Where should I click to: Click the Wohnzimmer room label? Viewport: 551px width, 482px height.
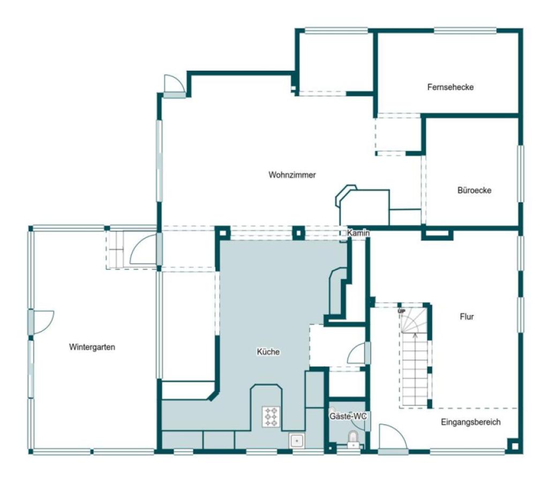click(x=292, y=175)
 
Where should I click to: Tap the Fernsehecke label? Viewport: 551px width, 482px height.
click(x=450, y=87)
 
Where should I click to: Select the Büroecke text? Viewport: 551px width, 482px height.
click(x=474, y=190)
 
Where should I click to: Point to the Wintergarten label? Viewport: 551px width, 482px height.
click(x=92, y=347)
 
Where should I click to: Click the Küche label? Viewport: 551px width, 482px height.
click(x=268, y=351)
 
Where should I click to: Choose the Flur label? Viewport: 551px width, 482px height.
click(x=467, y=317)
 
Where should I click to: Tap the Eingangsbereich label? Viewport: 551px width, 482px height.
click(x=471, y=422)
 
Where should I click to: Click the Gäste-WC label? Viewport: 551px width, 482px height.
click(x=348, y=416)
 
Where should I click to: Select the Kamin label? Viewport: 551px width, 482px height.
click(x=358, y=233)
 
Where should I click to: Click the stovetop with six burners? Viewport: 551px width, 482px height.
click(x=271, y=417)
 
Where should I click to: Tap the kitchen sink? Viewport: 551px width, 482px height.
click(x=297, y=441)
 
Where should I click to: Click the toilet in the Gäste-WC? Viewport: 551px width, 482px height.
click(x=353, y=440)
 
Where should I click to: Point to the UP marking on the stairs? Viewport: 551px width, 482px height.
click(x=401, y=311)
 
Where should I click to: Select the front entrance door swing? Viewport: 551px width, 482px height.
click(x=393, y=436)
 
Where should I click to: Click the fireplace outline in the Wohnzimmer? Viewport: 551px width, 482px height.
click(x=363, y=205)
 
